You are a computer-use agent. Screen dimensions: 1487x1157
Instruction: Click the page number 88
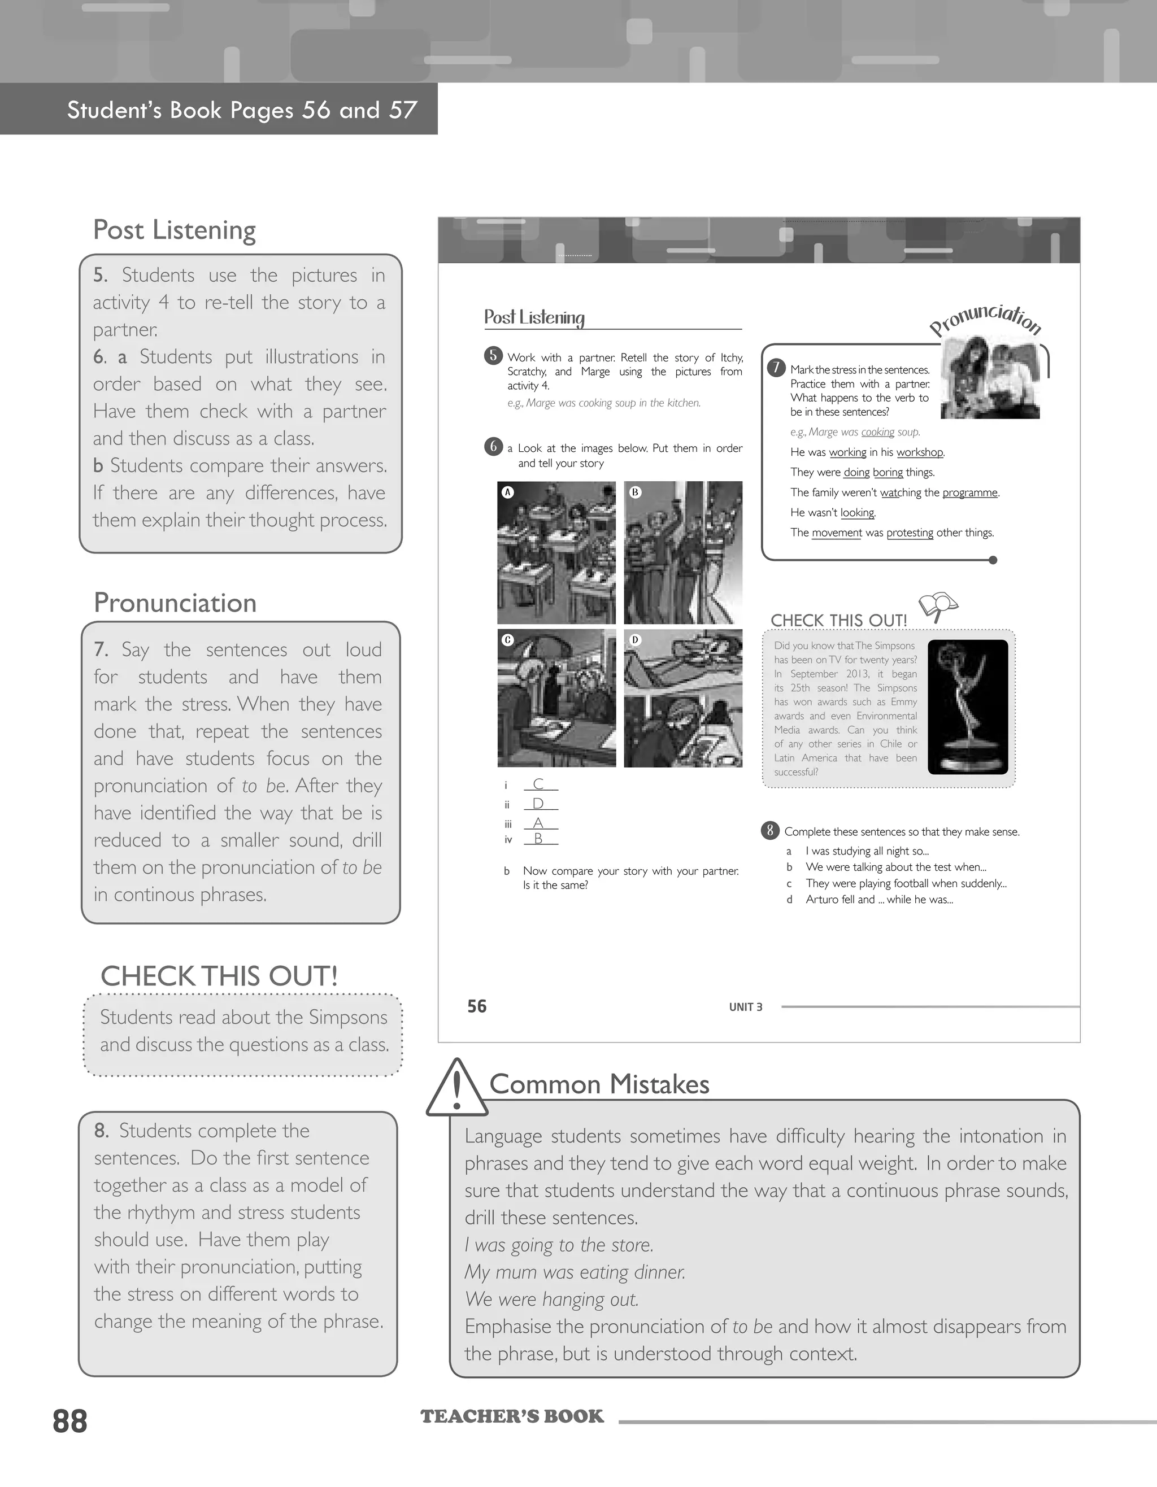(x=70, y=1421)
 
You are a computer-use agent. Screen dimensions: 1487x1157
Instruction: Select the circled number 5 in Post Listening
(x=493, y=355)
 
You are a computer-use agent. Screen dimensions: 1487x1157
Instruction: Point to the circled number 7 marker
(x=776, y=368)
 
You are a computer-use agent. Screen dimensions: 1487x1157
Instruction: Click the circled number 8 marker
(x=769, y=830)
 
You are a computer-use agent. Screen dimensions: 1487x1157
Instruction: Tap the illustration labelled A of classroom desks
(x=556, y=552)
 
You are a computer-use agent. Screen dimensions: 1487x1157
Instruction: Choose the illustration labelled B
(x=683, y=552)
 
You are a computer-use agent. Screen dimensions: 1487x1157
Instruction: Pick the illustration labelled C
(x=556, y=698)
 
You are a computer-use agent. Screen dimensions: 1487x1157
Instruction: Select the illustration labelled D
(x=683, y=698)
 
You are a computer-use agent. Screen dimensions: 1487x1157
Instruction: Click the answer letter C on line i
(x=538, y=784)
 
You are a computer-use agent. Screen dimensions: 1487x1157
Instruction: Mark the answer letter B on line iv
(x=538, y=839)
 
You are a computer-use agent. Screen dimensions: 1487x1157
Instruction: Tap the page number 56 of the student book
(x=477, y=1006)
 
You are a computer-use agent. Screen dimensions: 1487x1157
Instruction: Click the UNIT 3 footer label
(x=746, y=1007)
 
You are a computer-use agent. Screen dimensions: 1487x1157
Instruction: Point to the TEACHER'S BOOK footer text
(x=512, y=1417)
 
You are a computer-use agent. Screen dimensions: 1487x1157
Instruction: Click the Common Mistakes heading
(x=599, y=1084)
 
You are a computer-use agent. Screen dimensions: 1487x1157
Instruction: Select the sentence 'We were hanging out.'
(x=551, y=1299)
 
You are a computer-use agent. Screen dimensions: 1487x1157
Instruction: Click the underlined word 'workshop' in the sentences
(x=919, y=452)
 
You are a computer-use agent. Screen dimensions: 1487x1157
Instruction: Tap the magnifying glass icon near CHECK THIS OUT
(x=937, y=605)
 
